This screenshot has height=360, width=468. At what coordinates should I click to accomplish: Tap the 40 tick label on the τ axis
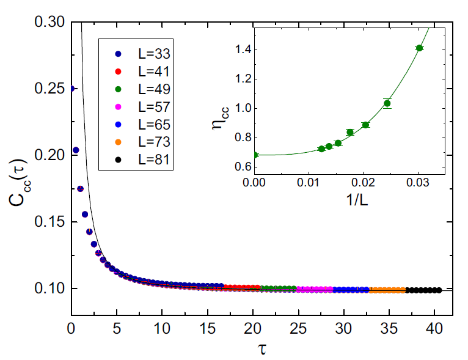[x=434, y=331]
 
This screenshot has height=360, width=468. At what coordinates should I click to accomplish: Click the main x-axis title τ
[x=261, y=350]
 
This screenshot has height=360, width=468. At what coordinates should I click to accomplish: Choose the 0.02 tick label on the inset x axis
[x=364, y=182]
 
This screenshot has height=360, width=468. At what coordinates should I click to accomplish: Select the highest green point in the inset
[x=419, y=48]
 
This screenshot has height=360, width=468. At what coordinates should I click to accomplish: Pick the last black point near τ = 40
[x=439, y=290]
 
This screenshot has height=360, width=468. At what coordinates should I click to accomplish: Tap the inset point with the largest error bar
[x=387, y=103]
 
